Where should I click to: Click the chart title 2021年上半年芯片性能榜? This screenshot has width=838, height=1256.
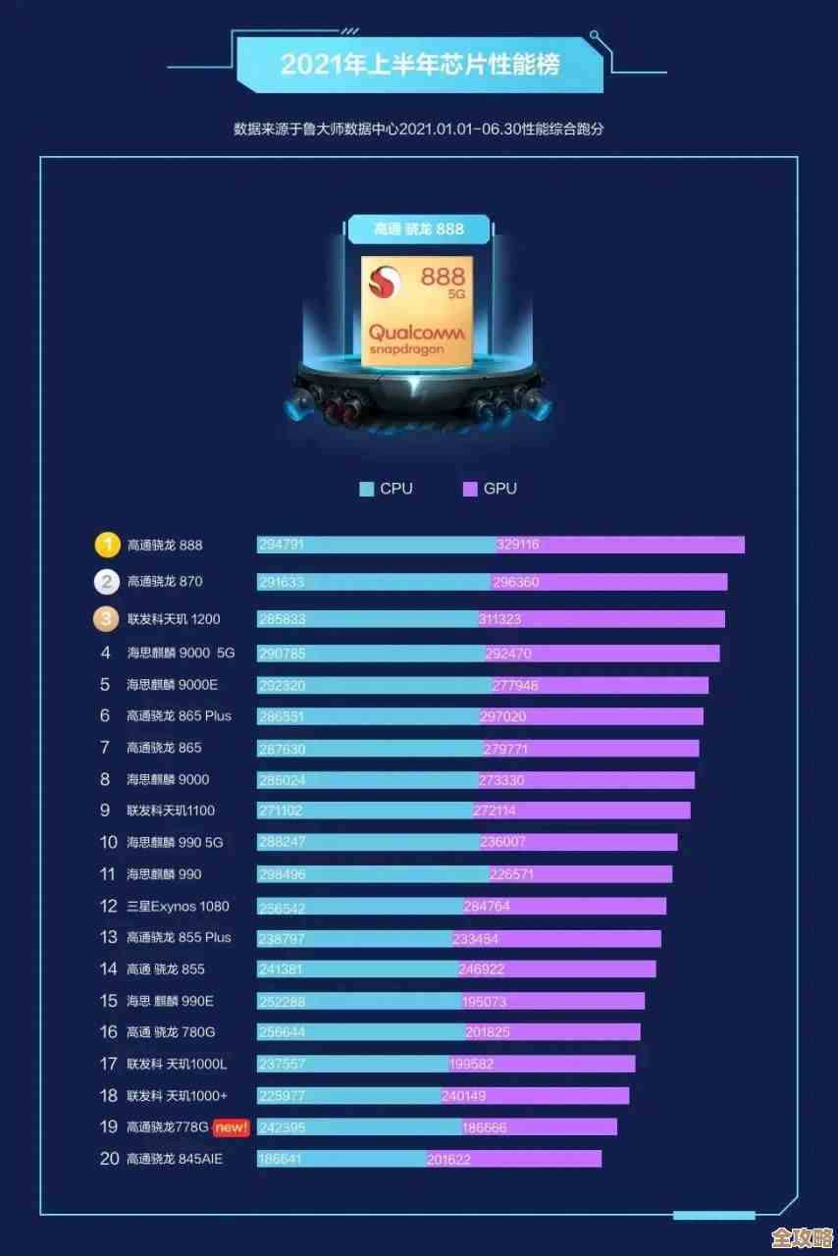coord(419,65)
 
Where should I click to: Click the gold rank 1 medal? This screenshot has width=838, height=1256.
coord(106,545)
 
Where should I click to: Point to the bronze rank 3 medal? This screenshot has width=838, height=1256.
coord(106,618)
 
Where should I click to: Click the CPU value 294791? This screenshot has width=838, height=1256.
coord(281,545)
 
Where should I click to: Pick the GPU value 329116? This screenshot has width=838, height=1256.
coord(518,545)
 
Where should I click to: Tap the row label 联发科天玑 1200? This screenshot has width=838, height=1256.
coord(174,619)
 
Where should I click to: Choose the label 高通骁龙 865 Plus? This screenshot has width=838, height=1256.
coord(179,716)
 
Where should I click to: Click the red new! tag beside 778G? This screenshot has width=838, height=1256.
coord(232,1127)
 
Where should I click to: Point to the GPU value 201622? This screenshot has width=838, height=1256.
coord(448,1160)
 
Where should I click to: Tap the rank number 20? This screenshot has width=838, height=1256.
coord(109,1159)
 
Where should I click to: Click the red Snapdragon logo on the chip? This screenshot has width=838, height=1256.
coord(385,285)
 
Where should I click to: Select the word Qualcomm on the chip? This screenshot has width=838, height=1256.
coord(417,333)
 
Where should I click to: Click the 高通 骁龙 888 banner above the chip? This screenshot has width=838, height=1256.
coord(419,230)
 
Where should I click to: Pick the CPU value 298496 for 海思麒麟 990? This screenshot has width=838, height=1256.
coord(281,874)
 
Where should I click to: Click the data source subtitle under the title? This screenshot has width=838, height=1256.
coord(419,129)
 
